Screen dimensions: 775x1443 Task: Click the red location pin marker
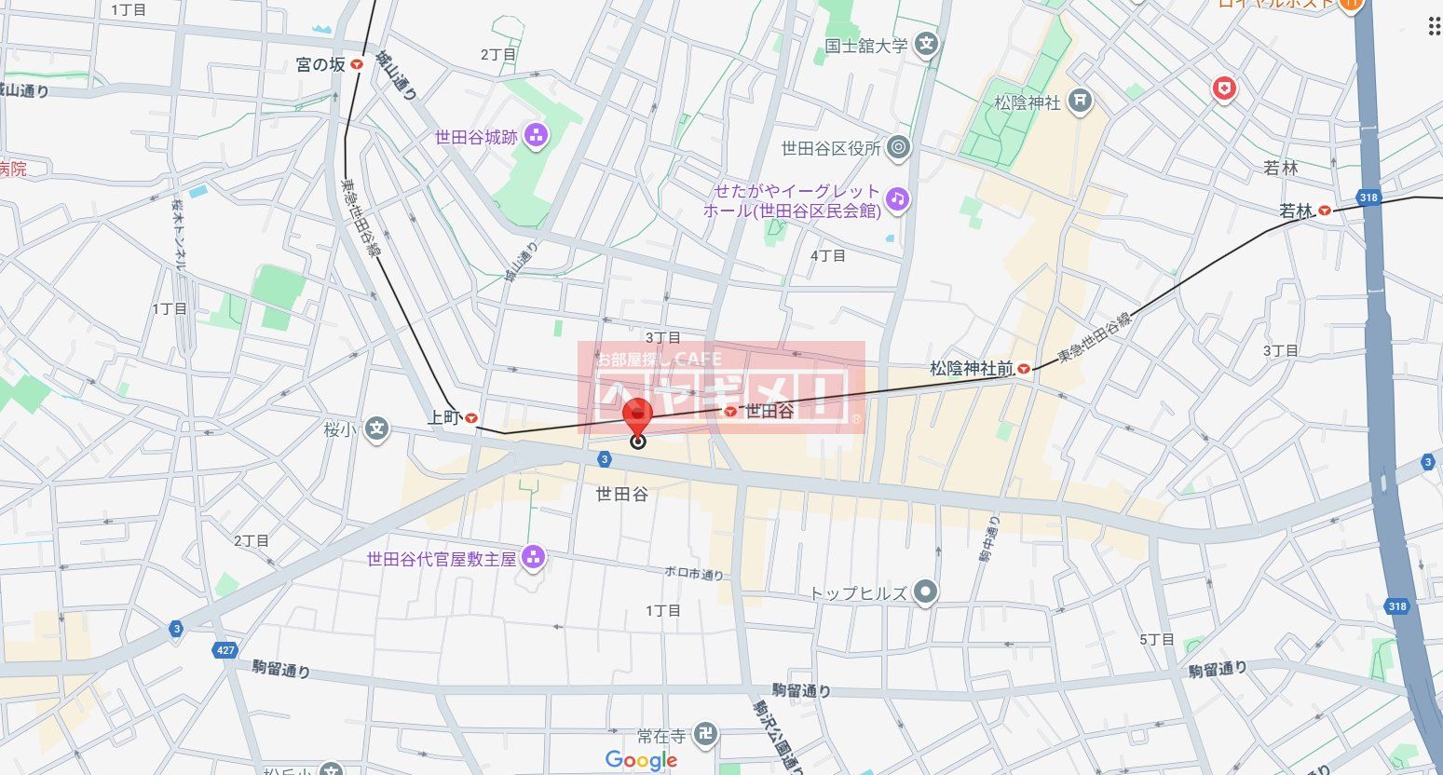tap(637, 418)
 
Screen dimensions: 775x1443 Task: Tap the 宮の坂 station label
tap(320, 64)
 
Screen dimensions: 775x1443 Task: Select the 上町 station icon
tap(471, 419)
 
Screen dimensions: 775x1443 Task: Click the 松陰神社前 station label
tap(972, 369)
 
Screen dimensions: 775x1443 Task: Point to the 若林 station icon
tap(1324, 211)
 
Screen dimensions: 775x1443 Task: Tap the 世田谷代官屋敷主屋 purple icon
tap(533, 558)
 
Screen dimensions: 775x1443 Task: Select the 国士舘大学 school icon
tap(925, 45)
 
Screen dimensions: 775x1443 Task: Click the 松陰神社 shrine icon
tap(1080, 101)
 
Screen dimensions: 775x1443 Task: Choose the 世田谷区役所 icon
tap(898, 147)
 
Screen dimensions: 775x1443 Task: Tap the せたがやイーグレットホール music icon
tap(896, 198)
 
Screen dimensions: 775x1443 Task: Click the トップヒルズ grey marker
tap(924, 592)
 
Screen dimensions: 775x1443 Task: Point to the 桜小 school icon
tap(375, 430)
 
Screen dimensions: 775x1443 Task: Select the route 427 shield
tap(225, 650)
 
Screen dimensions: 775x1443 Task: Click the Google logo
tap(641, 760)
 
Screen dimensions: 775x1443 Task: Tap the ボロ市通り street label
tap(694, 575)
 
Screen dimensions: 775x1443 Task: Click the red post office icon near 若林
tap(1223, 89)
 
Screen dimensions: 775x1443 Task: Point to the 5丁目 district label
tap(1157, 639)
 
